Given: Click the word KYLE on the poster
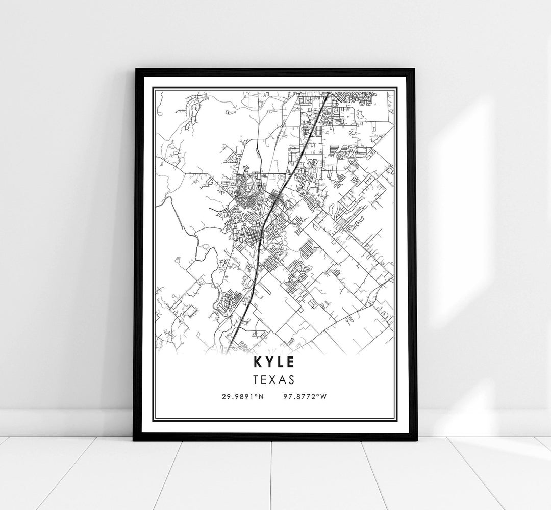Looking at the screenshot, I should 273,362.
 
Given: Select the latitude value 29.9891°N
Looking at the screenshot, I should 242,397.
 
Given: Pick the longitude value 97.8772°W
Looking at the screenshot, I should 304,397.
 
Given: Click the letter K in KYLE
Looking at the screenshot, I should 256,362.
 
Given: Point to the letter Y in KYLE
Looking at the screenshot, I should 268,362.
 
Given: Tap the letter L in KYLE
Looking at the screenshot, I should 280,362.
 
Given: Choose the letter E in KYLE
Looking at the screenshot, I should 290,362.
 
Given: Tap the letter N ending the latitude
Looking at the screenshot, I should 261,397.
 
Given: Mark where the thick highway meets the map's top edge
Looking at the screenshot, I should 327,92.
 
